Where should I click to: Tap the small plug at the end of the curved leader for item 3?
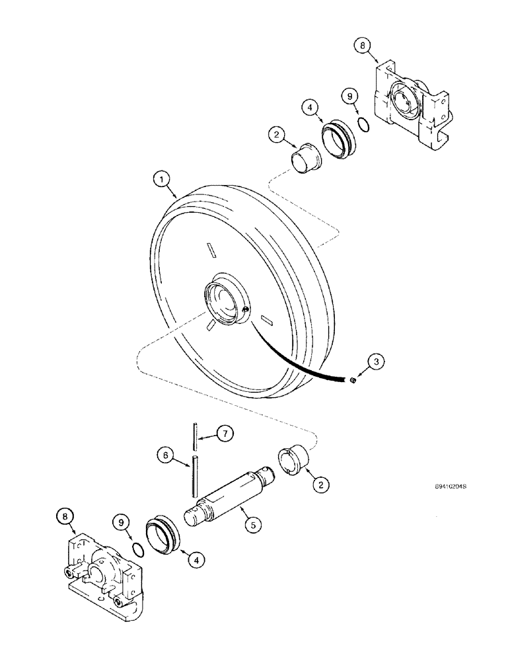tap(354, 380)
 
